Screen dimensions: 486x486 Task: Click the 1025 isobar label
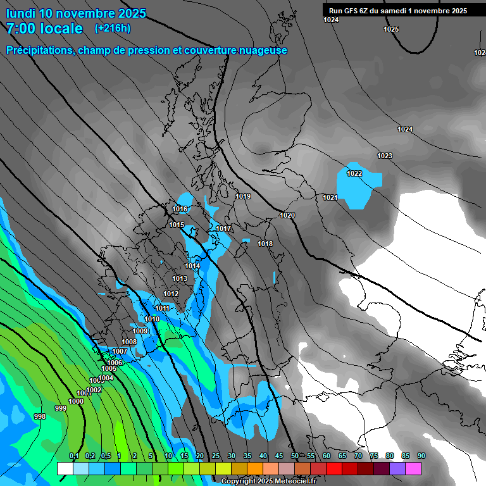pyautogui.click(x=391, y=29)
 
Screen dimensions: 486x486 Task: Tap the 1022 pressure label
pyautogui.click(x=354, y=173)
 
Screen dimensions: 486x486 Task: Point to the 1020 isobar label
pyautogui.click(x=287, y=215)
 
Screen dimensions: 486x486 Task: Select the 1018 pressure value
pyautogui.click(x=265, y=244)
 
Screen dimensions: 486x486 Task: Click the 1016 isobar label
pyautogui.click(x=180, y=209)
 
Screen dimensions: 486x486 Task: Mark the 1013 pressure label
pyautogui.click(x=180, y=278)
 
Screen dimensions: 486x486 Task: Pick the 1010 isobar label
pyautogui.click(x=152, y=319)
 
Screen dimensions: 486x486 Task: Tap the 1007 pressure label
pyautogui.click(x=120, y=351)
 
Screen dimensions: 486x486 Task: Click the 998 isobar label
pyautogui.click(x=39, y=416)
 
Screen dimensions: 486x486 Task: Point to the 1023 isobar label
pyautogui.click(x=385, y=156)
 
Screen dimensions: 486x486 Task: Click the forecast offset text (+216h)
pyautogui.click(x=113, y=28)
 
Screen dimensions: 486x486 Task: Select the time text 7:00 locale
pyautogui.click(x=44, y=28)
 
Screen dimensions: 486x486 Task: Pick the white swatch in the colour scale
pyautogui.click(x=65, y=468)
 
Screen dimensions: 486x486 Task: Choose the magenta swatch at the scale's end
pyautogui.click(x=413, y=468)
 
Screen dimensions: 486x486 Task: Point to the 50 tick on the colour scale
pyautogui.click(x=295, y=456)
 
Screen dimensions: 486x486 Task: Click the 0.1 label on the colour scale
pyautogui.click(x=74, y=456)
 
